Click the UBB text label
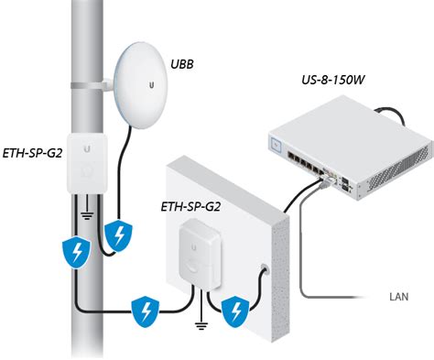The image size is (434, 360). pos(182,64)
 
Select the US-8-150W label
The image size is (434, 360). pos(333,80)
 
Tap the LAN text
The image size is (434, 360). pos(399,297)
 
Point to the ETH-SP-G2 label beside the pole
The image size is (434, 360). pos(32,153)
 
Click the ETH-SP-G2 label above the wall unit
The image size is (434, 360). pos(190,207)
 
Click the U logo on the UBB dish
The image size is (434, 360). pos(151,85)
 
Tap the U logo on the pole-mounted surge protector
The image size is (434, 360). pos(88,148)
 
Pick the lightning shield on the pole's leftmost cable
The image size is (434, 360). pos(76,252)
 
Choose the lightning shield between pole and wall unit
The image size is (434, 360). pos(146,311)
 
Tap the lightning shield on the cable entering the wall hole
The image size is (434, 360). pos(235,311)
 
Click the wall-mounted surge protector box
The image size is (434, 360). pos(201,253)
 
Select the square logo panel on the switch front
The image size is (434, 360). pos(277,144)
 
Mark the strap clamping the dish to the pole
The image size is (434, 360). pos(92,85)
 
